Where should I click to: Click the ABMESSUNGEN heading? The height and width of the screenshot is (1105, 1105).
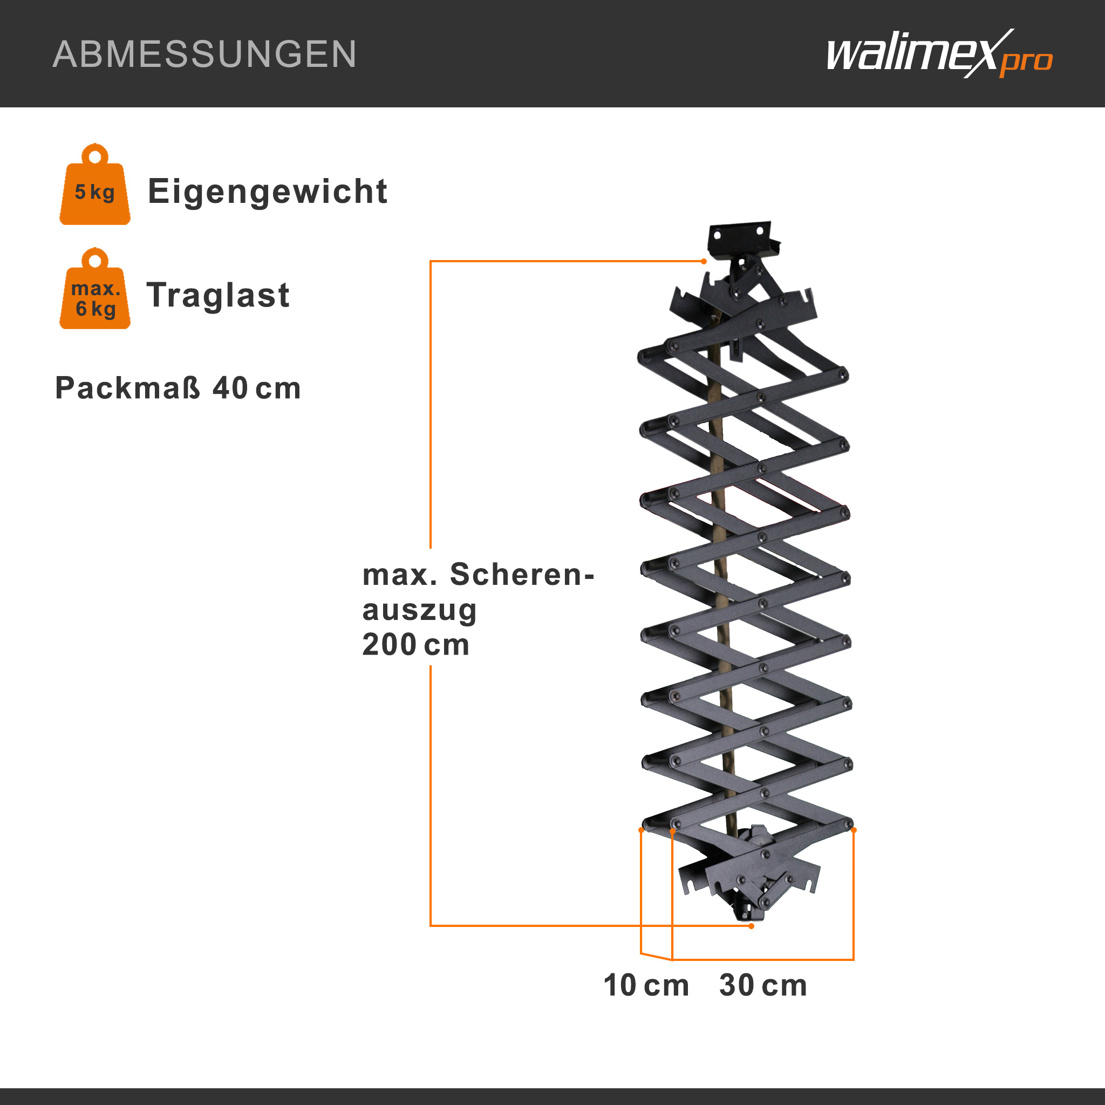tap(204, 54)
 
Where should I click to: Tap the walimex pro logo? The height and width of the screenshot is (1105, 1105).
tap(939, 54)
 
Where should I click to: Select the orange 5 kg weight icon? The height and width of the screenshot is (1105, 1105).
tap(95, 183)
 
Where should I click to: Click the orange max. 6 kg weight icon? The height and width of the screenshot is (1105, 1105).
tap(95, 288)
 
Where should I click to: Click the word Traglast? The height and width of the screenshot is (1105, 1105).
tap(218, 295)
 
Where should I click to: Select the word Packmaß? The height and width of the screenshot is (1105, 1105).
tap(127, 388)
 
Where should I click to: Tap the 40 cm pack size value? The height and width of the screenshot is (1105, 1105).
tap(257, 388)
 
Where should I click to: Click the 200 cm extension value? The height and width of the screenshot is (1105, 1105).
tap(416, 645)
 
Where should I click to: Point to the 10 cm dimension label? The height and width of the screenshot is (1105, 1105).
tap(646, 985)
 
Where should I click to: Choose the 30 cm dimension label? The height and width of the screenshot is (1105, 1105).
tap(763, 985)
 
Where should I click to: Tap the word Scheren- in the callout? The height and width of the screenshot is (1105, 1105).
tap(522, 574)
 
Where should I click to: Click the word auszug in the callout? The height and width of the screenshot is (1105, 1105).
tap(419, 611)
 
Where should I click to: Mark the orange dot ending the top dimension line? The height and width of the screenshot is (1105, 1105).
tap(704, 261)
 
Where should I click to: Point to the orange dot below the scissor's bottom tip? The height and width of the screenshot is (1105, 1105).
tap(752, 926)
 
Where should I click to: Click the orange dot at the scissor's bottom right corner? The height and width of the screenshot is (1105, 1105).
tap(854, 830)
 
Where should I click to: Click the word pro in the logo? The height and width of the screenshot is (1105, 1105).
tap(1027, 61)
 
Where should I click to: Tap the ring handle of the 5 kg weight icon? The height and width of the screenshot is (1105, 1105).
tap(95, 155)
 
